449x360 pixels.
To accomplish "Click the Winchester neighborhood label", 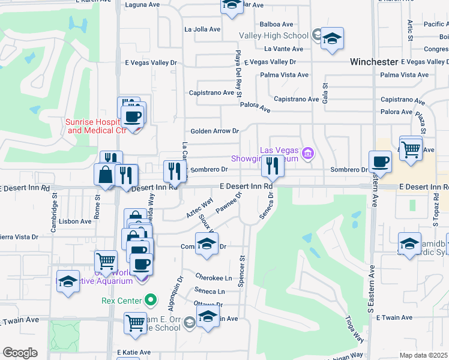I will tap(374, 62).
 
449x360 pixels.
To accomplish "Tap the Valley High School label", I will tap(273, 35).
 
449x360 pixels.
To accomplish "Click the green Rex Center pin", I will tap(151, 300).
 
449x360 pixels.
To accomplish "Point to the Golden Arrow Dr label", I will tap(214, 131).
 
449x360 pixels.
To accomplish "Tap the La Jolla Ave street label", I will tap(202, 29).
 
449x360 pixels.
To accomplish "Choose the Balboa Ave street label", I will tap(276, 25).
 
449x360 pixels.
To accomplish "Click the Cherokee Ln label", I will tap(213, 278).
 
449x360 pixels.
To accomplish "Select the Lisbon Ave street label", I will tap(75, 221).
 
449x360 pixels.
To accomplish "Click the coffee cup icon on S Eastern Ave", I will tap(379, 161).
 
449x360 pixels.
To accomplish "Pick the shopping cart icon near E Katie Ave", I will tap(135, 323).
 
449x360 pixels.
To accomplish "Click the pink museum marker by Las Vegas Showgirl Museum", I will tap(308, 154).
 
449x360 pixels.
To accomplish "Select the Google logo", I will tap(20, 353).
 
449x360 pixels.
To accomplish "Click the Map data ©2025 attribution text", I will tap(423, 355).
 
